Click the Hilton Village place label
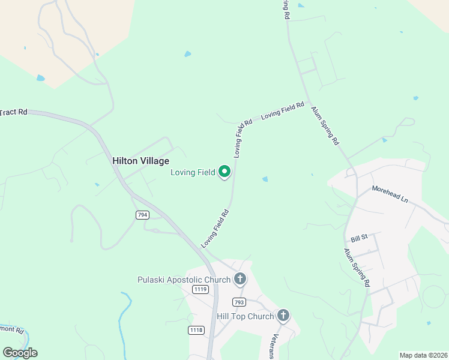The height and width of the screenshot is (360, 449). (x=141, y=161)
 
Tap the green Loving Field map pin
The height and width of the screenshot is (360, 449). (x=225, y=172)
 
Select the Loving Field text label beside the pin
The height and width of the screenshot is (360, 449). (x=192, y=172)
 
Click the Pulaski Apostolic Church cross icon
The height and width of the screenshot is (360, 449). (x=240, y=279)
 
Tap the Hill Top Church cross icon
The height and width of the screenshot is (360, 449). (x=283, y=316)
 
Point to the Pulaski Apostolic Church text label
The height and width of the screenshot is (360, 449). (x=184, y=280)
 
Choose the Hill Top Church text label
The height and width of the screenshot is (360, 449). (x=245, y=316)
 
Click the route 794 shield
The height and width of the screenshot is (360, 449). (x=142, y=215)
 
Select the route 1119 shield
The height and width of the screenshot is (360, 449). (x=200, y=289)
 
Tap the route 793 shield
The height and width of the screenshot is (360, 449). (x=239, y=302)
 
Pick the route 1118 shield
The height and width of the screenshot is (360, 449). (x=196, y=330)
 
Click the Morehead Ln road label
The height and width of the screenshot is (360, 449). (x=390, y=194)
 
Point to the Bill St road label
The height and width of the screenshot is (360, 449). (x=359, y=239)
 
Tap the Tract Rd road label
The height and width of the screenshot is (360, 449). (x=14, y=112)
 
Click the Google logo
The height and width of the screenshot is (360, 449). (x=20, y=353)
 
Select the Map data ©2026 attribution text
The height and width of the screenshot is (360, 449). (x=423, y=355)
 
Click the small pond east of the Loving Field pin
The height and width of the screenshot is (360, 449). (x=265, y=179)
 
